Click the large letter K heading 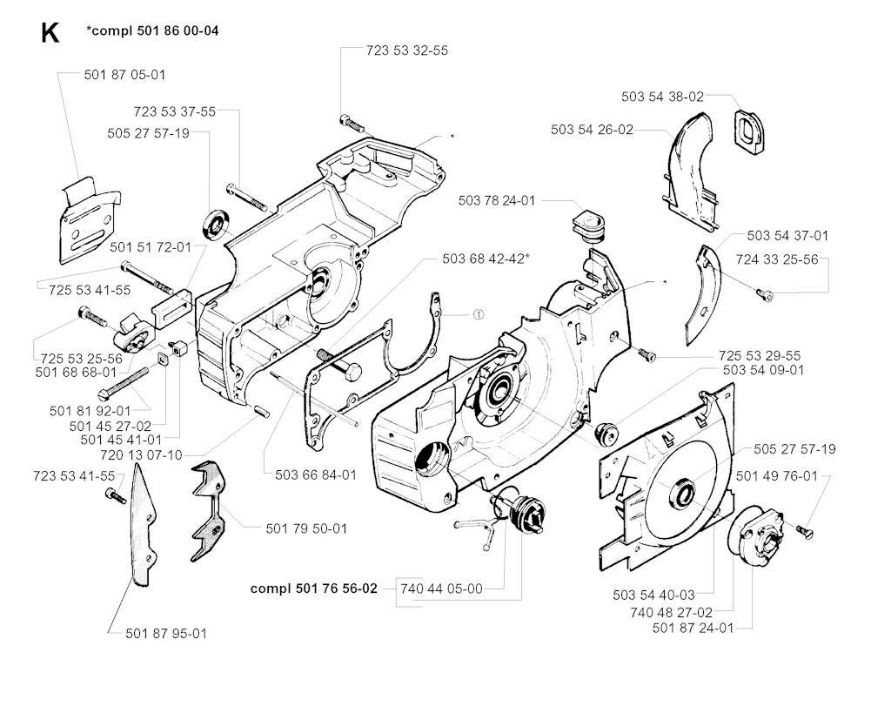(50, 33)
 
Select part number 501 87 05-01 (124, 75)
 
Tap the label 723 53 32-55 (407, 50)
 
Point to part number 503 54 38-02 (663, 97)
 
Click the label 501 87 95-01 (166, 633)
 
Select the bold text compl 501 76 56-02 (314, 589)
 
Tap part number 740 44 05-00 (442, 589)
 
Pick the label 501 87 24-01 (693, 628)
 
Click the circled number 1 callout (478, 313)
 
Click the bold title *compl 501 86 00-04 (153, 31)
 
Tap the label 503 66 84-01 (316, 474)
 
